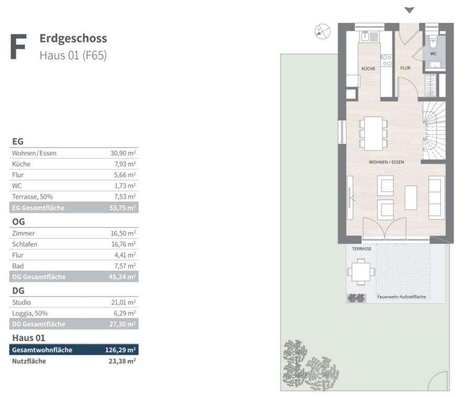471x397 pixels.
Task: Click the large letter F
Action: [18, 47]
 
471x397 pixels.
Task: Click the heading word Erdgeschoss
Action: [73, 38]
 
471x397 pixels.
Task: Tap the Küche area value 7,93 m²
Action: [125, 164]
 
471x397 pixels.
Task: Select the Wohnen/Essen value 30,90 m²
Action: [123, 153]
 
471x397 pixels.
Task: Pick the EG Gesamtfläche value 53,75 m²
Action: [122, 208]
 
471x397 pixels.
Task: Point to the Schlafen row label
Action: [25, 244]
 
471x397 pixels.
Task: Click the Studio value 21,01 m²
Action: [124, 302]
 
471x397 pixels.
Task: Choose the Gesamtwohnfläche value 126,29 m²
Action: [120, 350]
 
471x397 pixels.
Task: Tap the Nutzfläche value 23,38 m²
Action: [122, 361]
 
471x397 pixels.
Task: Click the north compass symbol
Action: [322, 31]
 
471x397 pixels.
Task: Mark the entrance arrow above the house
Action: [409, 10]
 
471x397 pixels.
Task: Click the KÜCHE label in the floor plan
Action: [368, 69]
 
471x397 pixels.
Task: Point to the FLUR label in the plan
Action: [405, 68]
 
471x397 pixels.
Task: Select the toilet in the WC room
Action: [433, 43]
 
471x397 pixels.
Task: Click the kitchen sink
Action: [369, 37]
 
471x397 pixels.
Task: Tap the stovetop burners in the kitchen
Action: [386, 60]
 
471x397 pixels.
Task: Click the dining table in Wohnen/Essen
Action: [373, 133]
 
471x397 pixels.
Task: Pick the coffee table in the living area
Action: [411, 198]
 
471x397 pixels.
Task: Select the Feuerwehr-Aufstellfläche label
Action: [401, 297]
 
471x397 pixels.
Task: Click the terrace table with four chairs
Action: [361, 272]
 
